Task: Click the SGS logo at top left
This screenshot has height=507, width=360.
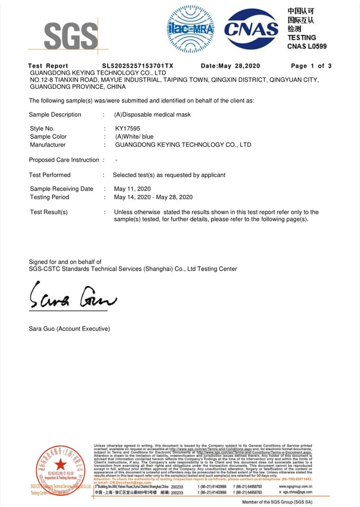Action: point(70,35)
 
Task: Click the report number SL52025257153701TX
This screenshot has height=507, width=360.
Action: point(138,66)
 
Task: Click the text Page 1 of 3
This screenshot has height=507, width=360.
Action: point(311,66)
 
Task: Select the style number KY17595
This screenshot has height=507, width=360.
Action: point(128,129)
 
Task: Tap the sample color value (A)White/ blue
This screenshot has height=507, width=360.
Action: point(134,137)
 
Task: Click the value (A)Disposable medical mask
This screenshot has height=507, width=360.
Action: point(152,115)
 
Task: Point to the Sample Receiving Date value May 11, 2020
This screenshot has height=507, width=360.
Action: point(133,189)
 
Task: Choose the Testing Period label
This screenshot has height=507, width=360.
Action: point(49,197)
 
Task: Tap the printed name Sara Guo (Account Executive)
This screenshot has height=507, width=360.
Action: point(69,329)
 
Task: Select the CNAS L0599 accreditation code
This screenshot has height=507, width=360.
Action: point(307,46)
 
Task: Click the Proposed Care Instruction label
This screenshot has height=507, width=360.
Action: point(64,160)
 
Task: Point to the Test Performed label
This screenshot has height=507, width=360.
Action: point(49,175)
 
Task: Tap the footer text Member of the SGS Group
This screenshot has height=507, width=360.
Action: point(277,502)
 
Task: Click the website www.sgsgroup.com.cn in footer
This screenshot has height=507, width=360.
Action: point(295,487)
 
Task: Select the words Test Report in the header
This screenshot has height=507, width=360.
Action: point(48,66)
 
